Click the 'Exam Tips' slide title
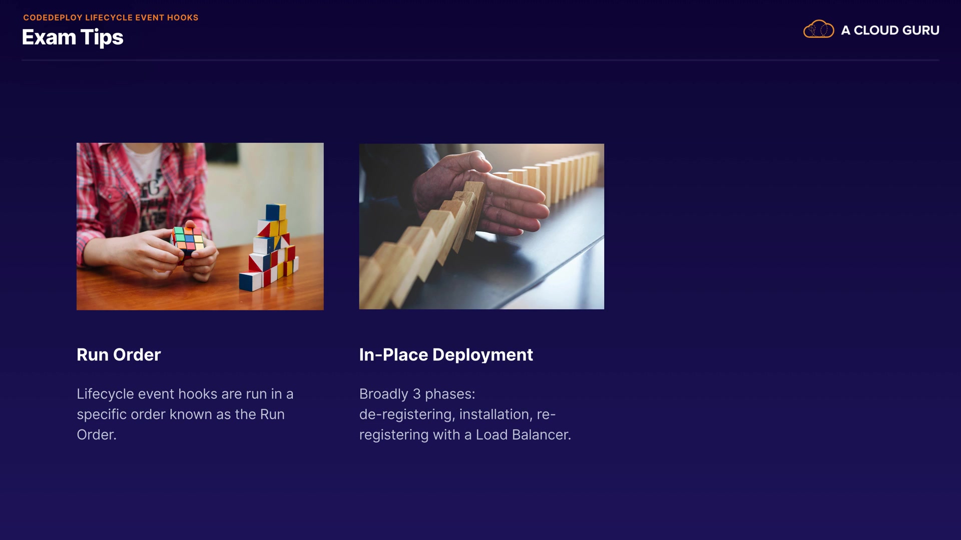point(73,37)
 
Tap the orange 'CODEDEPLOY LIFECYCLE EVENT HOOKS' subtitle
point(111,17)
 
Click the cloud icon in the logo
point(818,29)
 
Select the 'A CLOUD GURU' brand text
point(890,30)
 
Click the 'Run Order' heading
point(119,354)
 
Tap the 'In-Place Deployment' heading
point(446,354)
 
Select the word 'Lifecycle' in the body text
point(106,394)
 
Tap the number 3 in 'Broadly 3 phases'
point(416,394)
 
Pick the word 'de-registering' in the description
point(405,414)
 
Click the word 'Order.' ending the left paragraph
point(97,434)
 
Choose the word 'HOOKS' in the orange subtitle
point(183,17)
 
